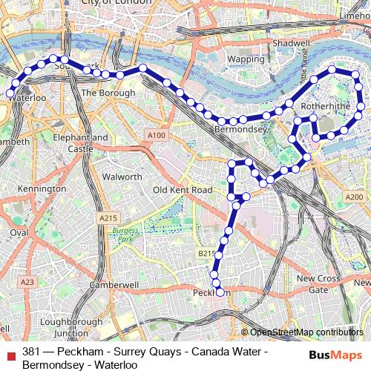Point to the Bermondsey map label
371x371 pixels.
(240, 129)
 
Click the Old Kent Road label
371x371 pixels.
(183, 190)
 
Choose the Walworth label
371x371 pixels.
(122, 177)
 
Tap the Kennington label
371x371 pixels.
(42, 189)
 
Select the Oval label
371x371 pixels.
(19, 232)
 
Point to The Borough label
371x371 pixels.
(108, 93)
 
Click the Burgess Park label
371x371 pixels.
(125, 234)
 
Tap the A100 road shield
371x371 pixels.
(157, 135)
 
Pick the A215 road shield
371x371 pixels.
(108, 217)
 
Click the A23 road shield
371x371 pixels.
(27, 282)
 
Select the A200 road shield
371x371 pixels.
(354, 197)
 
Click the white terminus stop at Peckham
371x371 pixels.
(219, 293)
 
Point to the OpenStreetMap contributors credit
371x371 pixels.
(306, 332)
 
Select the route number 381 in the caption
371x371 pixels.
(32, 351)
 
